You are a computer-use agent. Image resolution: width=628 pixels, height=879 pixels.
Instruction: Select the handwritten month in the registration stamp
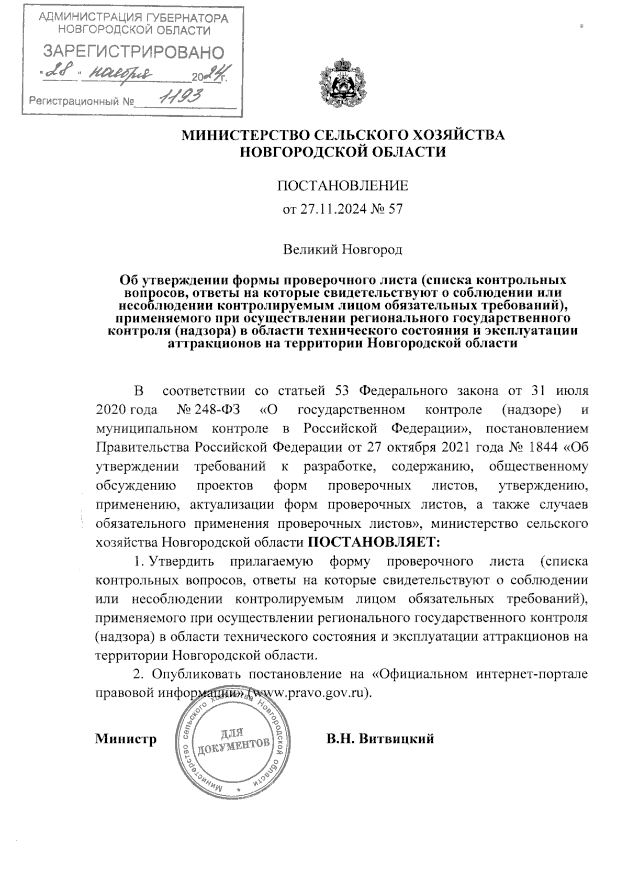[x=121, y=74]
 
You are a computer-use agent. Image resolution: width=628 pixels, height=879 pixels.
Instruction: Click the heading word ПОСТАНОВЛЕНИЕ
[x=342, y=186]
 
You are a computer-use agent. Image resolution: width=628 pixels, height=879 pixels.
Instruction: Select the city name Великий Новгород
[x=343, y=249]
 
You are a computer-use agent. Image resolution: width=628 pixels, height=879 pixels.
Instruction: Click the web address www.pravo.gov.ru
[x=307, y=692]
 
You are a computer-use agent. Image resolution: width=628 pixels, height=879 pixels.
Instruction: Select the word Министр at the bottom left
[x=126, y=739]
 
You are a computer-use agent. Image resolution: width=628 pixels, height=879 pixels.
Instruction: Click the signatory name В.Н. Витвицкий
[x=380, y=739]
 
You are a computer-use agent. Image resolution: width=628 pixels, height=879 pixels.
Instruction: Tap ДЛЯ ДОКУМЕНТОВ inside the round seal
[x=233, y=740]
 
